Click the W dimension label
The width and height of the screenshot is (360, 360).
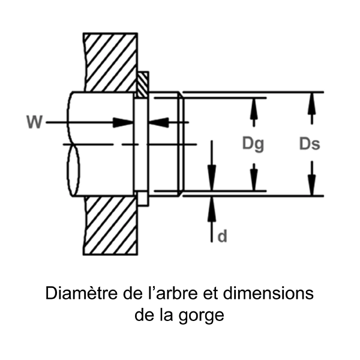pos(34,122)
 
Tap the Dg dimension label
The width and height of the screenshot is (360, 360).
pos(253,144)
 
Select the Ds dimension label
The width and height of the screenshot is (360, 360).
pos(309,144)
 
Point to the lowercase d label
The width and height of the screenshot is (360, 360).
pos(222,237)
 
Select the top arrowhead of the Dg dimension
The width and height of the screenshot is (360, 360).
pos(254,103)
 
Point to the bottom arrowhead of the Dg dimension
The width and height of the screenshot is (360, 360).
pos(254,183)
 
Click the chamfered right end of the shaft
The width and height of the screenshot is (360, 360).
pos(181,144)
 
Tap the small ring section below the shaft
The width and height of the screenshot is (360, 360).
pos(142,199)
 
